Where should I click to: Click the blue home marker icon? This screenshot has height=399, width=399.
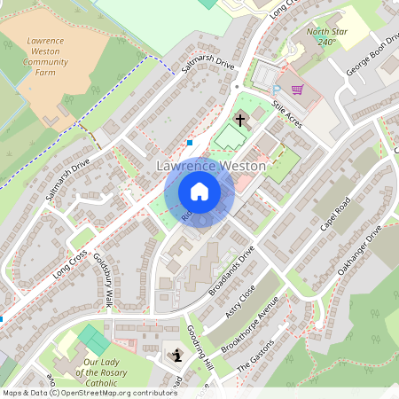pyautogui.click(x=199, y=192)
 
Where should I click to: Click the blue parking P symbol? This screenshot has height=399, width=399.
pyautogui.click(x=277, y=90)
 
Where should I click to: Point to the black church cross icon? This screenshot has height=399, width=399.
pyautogui.click(x=239, y=119)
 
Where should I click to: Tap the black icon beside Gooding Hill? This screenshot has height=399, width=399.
pyautogui.click(x=175, y=356)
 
